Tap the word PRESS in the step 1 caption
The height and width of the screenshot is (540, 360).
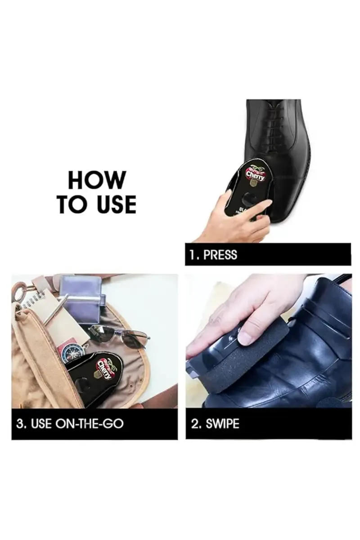(220, 255)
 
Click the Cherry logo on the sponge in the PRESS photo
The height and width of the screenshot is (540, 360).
(256, 175)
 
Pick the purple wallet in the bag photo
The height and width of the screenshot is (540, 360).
(81, 299)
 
